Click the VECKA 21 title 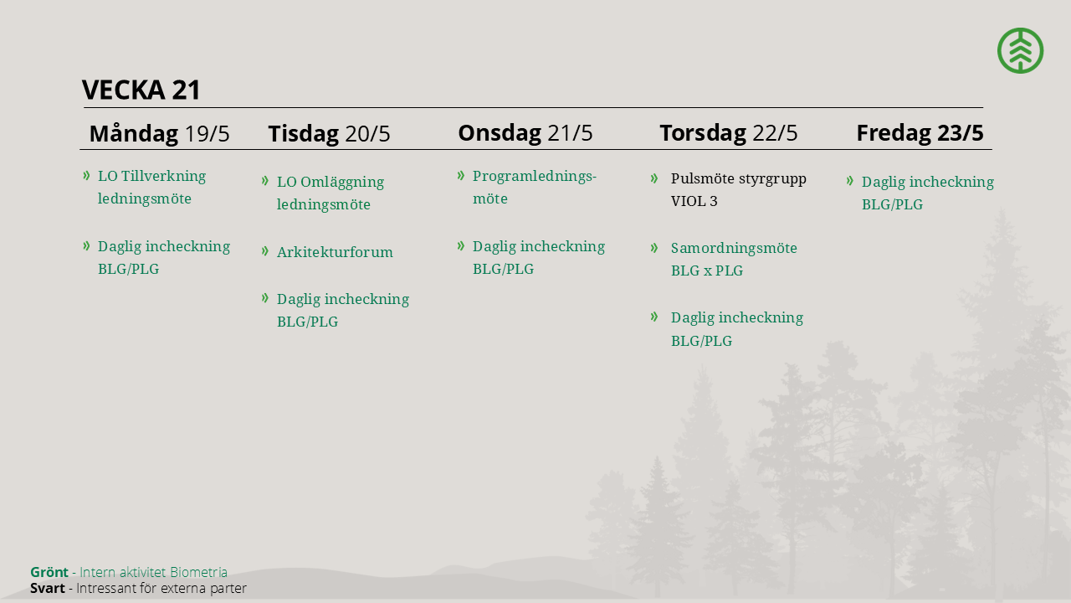[x=141, y=90]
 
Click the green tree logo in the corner [x=1020, y=50]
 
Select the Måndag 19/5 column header [x=159, y=133]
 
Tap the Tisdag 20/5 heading [x=329, y=133]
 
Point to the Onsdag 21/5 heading [x=525, y=133]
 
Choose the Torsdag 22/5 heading [x=729, y=133]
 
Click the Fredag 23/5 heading [x=920, y=133]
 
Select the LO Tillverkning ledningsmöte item [x=151, y=187]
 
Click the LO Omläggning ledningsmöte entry [x=331, y=193]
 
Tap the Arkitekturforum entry [x=335, y=252]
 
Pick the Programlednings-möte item [x=535, y=187]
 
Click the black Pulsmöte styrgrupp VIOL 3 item [x=738, y=189]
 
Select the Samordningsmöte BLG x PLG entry [x=734, y=259]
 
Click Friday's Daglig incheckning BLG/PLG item [x=928, y=193]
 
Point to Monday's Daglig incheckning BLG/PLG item [x=163, y=257]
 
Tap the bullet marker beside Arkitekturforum [x=265, y=250]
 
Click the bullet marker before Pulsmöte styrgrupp [x=654, y=178]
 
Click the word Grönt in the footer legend [x=49, y=572]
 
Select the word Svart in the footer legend [x=48, y=588]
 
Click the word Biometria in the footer [x=198, y=572]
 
